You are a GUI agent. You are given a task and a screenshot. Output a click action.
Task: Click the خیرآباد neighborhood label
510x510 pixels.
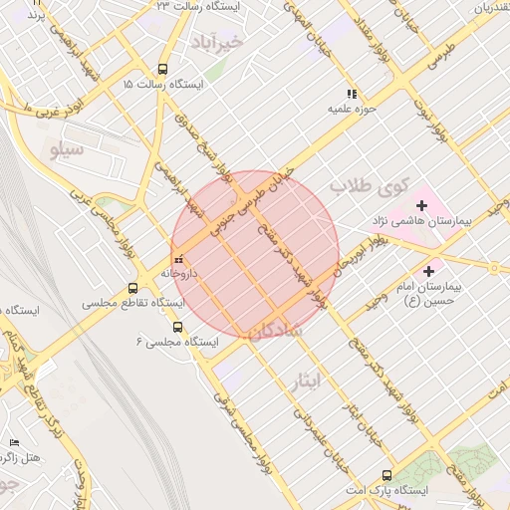click(216, 42)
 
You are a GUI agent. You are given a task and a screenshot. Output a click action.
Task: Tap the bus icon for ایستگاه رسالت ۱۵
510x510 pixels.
click(162, 70)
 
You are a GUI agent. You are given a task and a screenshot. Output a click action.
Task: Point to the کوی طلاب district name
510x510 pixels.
click(370, 185)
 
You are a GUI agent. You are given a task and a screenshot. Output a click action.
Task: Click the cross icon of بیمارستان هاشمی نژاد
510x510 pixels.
click(422, 205)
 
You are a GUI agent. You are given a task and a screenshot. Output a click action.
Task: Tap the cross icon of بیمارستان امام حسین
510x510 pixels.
click(429, 270)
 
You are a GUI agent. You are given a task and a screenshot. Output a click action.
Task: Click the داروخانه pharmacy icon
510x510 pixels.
click(178, 259)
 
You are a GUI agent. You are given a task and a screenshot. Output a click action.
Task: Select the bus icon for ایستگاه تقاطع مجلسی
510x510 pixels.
click(132, 289)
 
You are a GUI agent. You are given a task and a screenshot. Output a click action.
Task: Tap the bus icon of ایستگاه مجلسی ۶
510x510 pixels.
click(177, 327)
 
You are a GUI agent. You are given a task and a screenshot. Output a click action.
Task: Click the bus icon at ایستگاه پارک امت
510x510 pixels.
click(386, 475)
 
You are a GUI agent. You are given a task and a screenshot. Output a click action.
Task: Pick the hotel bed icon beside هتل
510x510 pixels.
click(14, 441)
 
